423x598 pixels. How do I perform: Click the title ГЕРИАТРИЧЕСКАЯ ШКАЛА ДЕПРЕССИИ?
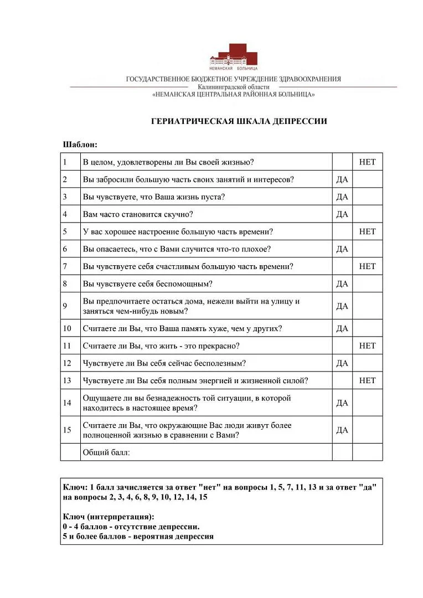239,121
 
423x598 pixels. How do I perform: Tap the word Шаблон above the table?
80,145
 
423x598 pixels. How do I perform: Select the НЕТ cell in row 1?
367,162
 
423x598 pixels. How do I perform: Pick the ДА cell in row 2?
342,179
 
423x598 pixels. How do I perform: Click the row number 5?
65,231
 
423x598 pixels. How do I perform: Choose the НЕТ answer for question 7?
367,266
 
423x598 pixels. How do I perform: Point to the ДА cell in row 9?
342,306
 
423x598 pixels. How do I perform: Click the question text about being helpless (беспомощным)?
147,284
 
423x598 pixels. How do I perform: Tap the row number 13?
67,380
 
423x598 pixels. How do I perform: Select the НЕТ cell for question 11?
367,346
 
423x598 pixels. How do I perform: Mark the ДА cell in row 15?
342,430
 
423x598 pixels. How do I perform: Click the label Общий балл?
106,452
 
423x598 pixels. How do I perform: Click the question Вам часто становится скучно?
137,214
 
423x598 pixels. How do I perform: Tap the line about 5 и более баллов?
138,537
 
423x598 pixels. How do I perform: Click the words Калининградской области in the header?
233,87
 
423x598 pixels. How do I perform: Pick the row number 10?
67,328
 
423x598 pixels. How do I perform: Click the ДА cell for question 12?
342,363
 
